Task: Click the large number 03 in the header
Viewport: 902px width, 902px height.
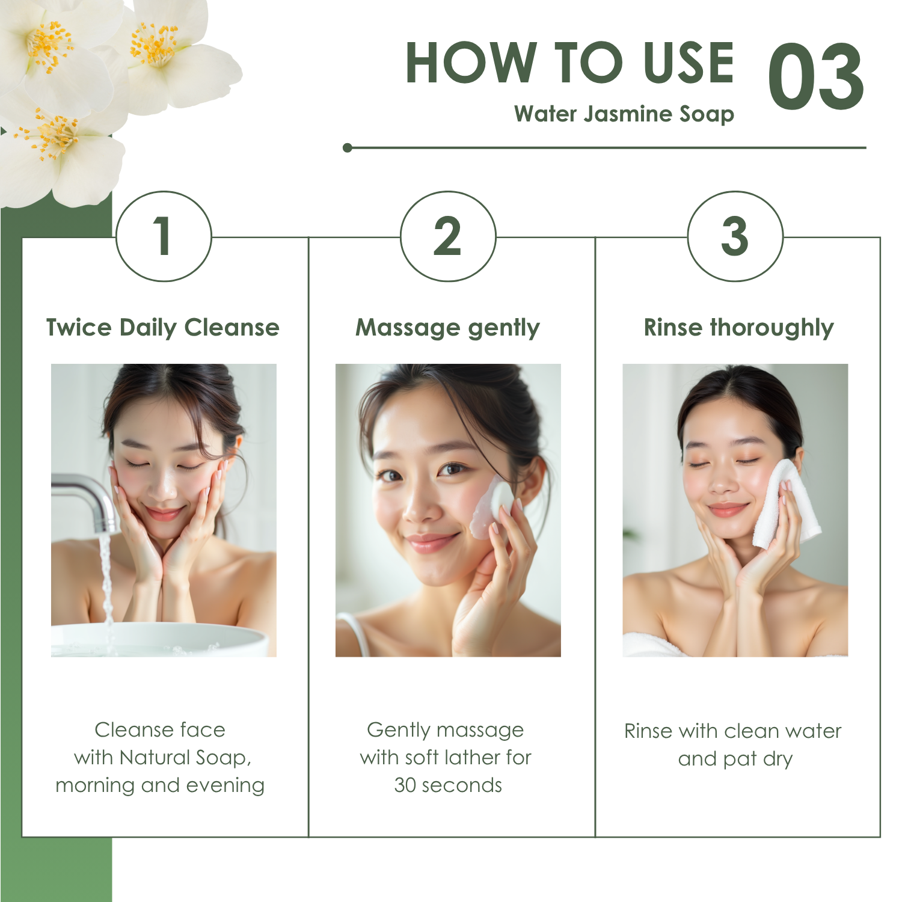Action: coord(816,77)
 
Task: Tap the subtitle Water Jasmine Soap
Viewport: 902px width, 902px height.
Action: coord(624,114)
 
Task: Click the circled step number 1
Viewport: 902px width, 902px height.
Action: coord(163,236)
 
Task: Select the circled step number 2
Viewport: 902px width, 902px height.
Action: coord(448,236)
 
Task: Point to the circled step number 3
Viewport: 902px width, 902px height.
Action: coord(735,236)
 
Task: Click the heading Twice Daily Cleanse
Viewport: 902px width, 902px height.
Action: coord(163,328)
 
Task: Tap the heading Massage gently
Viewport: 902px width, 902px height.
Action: coord(448,328)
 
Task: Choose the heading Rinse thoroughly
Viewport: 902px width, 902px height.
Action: coord(739,328)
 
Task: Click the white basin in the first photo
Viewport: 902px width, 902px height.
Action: coord(159,640)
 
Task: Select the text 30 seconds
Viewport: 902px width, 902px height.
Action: coord(448,785)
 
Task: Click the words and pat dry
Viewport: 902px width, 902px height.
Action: coord(735,759)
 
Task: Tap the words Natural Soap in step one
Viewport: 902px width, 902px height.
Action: coord(185,758)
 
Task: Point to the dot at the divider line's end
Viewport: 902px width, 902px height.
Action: coord(347,147)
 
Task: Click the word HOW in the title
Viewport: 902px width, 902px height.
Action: coord(471,63)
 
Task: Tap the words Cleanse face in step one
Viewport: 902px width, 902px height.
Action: coord(160,730)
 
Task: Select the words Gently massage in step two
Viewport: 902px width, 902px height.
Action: coord(446,731)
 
